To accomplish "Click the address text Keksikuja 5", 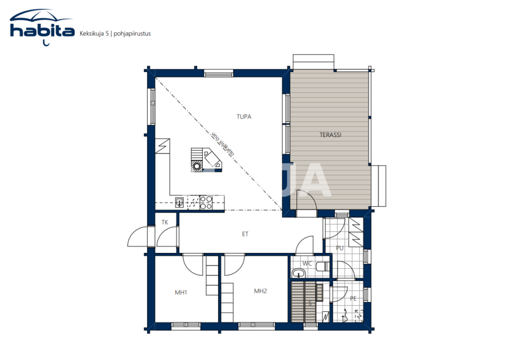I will click(95, 34).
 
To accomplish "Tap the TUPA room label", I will click(244, 117).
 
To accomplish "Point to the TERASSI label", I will click(330, 135).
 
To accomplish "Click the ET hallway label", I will click(245, 234).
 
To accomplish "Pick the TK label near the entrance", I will click(164, 223).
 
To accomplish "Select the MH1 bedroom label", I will click(181, 292).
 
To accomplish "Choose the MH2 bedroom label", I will click(260, 291).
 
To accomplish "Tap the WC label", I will click(307, 264).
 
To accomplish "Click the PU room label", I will click(339, 248).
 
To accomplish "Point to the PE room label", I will click(353, 298).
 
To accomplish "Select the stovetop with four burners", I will click(206, 203).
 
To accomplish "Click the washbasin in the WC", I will click(298, 273).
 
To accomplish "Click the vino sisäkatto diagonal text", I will click(223, 143).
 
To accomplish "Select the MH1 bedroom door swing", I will click(193, 265).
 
